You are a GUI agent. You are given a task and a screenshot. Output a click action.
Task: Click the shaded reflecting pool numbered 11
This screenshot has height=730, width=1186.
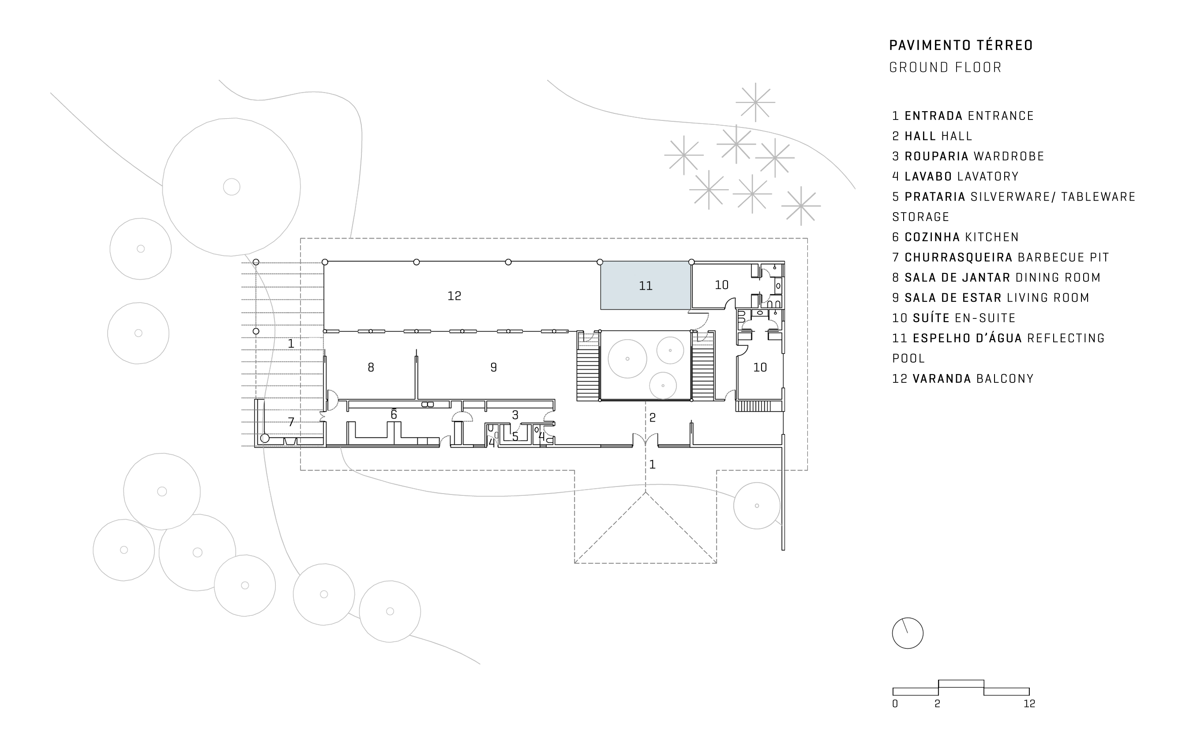[x=645, y=286]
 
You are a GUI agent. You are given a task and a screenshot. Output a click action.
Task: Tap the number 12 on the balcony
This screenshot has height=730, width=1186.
[x=454, y=296]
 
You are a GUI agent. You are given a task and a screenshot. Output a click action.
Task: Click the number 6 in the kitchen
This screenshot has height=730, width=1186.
[x=394, y=414]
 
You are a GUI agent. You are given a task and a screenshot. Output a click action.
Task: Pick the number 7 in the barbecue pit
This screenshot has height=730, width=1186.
[x=291, y=422]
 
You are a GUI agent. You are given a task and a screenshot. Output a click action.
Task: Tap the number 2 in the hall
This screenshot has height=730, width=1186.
[x=653, y=418]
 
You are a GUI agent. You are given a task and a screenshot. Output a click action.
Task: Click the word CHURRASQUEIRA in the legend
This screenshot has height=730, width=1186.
[x=958, y=257]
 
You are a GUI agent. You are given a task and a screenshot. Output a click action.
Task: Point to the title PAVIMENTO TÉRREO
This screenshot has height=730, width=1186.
[x=961, y=45]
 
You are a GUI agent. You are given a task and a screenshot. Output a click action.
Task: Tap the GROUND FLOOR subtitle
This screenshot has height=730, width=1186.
[x=945, y=67]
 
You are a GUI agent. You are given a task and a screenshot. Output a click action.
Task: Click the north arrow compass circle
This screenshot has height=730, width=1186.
[x=907, y=633]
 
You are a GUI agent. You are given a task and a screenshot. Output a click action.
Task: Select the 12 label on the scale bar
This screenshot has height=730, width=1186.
[x=1029, y=704]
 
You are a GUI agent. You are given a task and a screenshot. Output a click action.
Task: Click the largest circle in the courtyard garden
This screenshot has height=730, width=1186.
[x=627, y=359]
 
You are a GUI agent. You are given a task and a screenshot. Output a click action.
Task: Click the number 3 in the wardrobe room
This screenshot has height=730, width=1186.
[x=515, y=415]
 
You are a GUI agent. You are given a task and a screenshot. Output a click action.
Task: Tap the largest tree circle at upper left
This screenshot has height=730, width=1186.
[x=231, y=187]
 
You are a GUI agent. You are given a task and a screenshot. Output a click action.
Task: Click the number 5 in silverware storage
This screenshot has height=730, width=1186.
[x=515, y=436]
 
